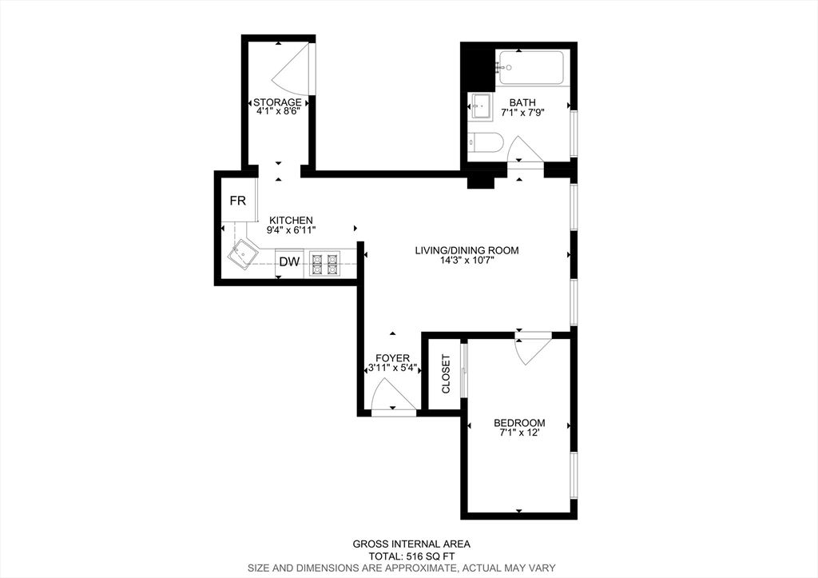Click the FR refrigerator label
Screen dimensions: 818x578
(238, 201)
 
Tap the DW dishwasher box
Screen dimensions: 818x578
(289, 261)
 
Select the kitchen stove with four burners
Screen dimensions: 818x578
(325, 263)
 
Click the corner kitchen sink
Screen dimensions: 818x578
(243, 256)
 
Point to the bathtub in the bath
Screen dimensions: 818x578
(531, 67)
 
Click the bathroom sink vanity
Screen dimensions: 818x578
(481, 106)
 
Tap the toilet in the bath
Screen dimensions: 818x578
(485, 142)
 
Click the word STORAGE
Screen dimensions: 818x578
(277, 102)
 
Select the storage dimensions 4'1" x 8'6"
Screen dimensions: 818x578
(278, 111)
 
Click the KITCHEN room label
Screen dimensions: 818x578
(291, 221)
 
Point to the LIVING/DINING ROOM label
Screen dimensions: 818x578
(467, 250)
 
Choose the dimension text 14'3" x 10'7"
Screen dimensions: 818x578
(467, 260)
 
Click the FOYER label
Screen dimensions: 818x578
(393, 358)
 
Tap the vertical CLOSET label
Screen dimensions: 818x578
(446, 374)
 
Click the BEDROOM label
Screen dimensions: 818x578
(519, 423)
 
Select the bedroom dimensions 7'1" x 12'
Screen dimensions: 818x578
(519, 433)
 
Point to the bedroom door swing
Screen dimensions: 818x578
(531, 351)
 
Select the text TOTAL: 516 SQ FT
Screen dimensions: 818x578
(411, 556)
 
